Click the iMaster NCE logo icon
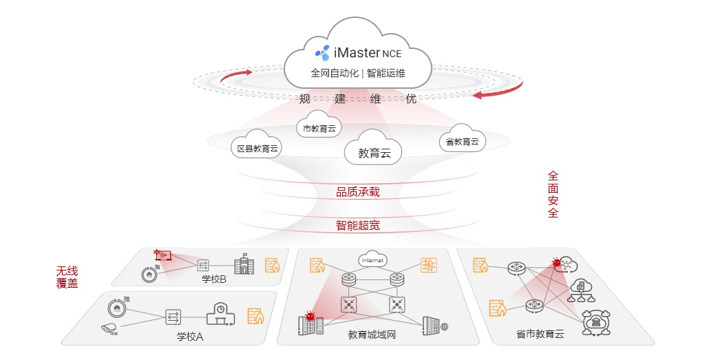323,52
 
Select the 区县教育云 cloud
257,145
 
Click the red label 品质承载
357,192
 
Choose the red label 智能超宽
357,225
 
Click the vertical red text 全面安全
553,195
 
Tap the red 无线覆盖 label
67,277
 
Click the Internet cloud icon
372,260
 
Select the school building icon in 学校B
244,264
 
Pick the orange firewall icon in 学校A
256,316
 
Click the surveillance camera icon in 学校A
109,328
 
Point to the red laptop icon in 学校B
162,255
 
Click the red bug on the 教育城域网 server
310,317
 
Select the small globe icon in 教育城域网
445,326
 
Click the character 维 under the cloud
375,98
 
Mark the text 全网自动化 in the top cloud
335,73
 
